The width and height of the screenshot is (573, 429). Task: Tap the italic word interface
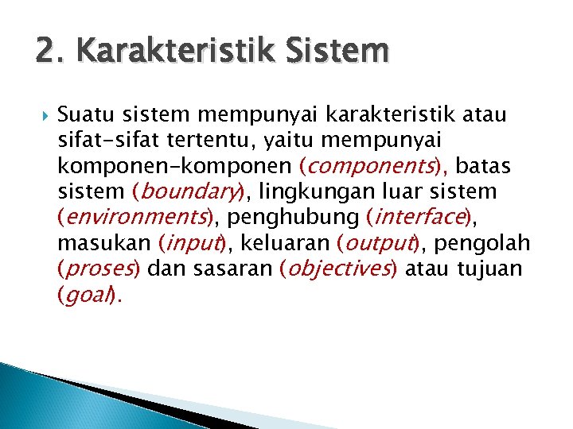pyautogui.click(x=419, y=218)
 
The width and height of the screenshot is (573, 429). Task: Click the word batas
pyautogui.click(x=485, y=167)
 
